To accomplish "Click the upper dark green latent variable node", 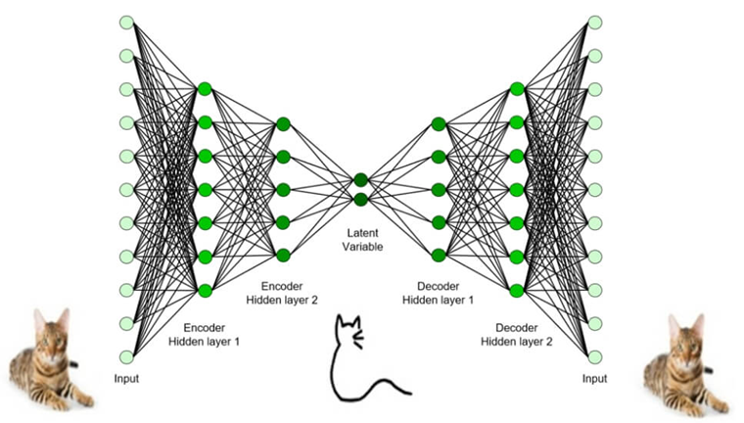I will [x=361, y=179].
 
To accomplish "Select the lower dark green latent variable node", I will [x=361, y=200].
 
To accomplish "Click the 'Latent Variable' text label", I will [x=361, y=241].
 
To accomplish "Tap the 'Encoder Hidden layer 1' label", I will [x=204, y=335].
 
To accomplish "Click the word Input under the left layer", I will [x=126, y=378].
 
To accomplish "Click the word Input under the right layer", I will [x=595, y=378].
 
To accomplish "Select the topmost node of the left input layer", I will [x=126, y=22].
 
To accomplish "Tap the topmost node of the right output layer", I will [x=595, y=22].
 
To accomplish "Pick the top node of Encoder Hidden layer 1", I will [x=205, y=89].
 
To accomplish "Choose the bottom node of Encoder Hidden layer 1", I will [x=205, y=290].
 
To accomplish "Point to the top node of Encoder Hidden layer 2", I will [x=283, y=123].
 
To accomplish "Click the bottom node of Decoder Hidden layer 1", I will [x=439, y=256].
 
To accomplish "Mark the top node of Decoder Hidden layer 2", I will [x=517, y=89].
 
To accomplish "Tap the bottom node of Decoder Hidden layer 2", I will [x=517, y=290].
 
